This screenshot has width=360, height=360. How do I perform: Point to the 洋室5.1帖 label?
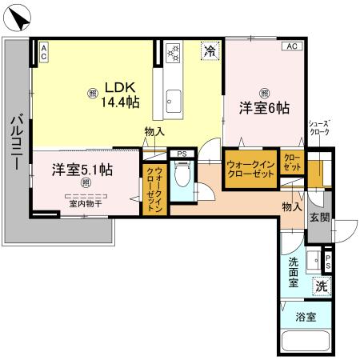coord(82,170)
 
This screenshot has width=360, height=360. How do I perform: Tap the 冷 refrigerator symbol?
coord(209,51)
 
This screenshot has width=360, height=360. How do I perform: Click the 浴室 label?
coord(305,317)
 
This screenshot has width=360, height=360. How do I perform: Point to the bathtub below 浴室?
coord(305,342)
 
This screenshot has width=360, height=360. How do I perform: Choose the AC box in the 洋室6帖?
coord(291,46)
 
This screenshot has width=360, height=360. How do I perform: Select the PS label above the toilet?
coord(182,152)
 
